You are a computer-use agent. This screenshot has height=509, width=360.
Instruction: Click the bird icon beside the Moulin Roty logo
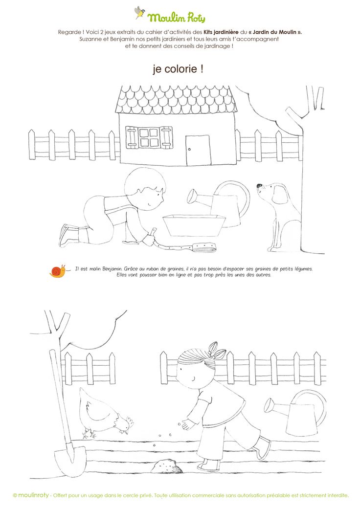click(x=139, y=12)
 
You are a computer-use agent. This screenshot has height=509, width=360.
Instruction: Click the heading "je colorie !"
click(x=178, y=69)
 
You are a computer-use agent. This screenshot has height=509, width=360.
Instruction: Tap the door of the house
click(x=198, y=150)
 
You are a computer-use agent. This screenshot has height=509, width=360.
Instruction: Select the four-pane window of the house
click(x=149, y=138)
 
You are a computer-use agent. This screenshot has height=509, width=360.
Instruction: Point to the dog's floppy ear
click(x=279, y=194)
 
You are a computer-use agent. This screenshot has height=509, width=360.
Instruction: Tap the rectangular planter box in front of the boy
click(x=194, y=225)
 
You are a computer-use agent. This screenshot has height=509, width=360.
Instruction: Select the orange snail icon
click(x=58, y=271)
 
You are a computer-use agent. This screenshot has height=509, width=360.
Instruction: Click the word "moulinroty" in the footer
click(x=33, y=495)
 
